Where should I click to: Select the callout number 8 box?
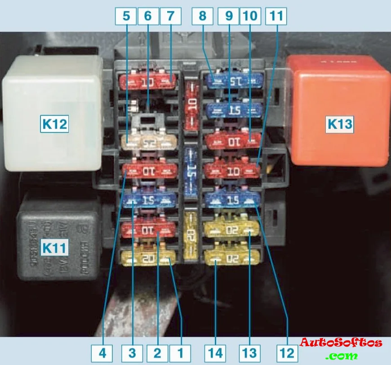click(202, 17)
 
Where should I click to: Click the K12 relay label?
click(54, 124)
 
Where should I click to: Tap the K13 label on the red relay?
click(339, 124)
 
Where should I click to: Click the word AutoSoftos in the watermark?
click(341, 343)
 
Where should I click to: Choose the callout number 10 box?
click(251, 17)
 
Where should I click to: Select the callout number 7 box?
click(170, 17)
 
